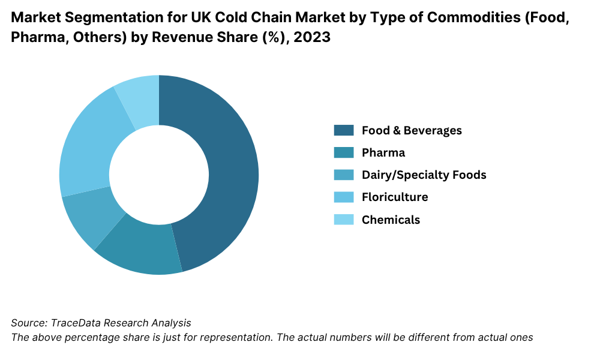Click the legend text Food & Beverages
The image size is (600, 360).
pos(412,130)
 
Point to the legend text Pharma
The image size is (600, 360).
pos(383,152)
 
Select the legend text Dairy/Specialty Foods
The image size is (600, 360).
pos(424,175)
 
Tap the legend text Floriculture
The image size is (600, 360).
pos(395,197)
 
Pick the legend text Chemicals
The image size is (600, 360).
pos(391,219)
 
